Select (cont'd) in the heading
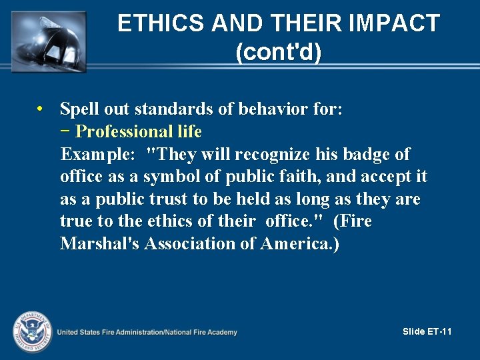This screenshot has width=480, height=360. [279, 52]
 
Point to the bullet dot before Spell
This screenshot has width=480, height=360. [41, 109]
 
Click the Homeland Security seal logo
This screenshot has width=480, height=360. [31, 330]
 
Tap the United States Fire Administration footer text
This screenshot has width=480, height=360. [147, 332]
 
